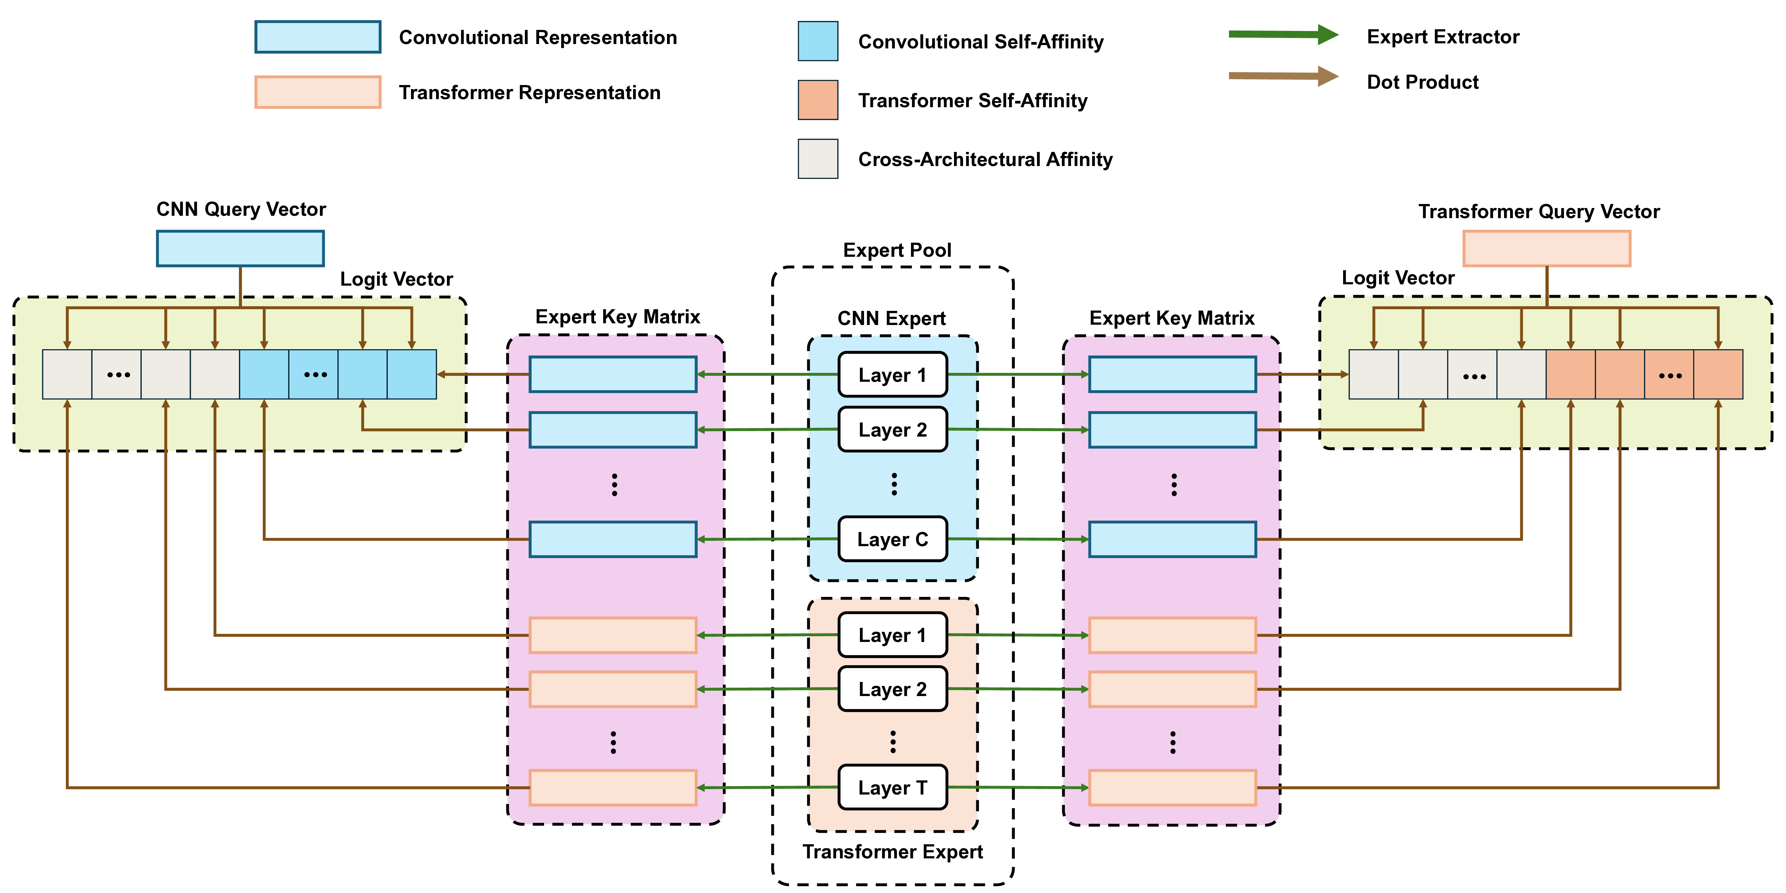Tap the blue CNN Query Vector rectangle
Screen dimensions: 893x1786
[x=240, y=248]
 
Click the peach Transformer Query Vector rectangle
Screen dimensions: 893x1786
[x=1546, y=248]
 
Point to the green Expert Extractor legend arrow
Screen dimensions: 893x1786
[x=1283, y=35]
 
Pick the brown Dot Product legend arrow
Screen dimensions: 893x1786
[x=1283, y=76]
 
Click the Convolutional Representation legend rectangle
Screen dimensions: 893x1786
[x=318, y=37]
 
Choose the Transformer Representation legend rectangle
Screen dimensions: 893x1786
[x=318, y=92]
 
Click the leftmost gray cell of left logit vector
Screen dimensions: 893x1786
[x=67, y=374]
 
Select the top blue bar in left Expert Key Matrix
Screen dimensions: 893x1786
[x=613, y=374]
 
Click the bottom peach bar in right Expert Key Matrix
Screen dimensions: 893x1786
[x=1172, y=787]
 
